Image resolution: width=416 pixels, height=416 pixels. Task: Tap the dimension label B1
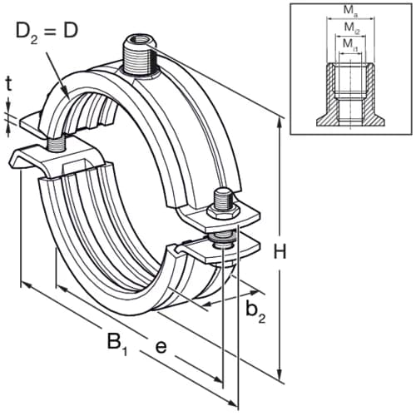pyautogui.click(x=117, y=342)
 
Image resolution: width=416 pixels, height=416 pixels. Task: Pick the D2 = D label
pyautogui.click(x=47, y=32)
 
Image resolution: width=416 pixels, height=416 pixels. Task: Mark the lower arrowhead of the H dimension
pyautogui.click(x=280, y=373)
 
